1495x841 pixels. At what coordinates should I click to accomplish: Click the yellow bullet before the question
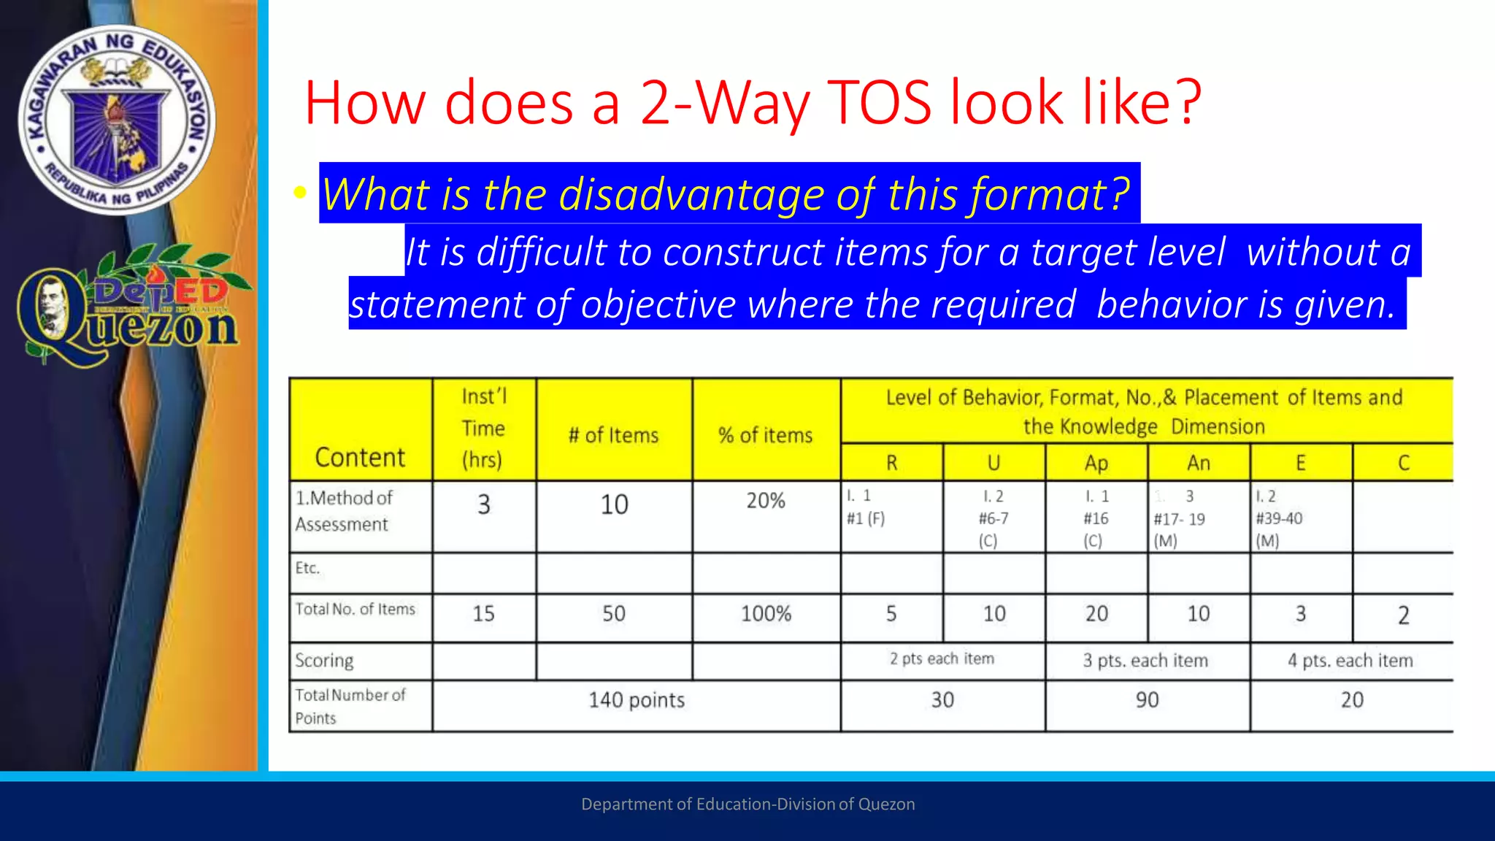pos(299,193)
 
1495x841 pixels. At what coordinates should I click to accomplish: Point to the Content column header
pos(360,458)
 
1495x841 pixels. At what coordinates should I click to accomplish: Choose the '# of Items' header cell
pos(613,435)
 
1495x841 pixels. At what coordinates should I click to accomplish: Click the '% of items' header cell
pos(765,435)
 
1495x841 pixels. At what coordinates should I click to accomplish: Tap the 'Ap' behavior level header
pos(1096,463)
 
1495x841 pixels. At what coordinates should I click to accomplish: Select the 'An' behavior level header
pos(1198,463)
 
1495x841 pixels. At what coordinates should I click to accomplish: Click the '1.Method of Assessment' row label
pos(343,511)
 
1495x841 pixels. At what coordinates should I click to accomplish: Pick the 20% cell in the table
pos(765,501)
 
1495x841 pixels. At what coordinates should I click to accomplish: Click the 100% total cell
pos(766,613)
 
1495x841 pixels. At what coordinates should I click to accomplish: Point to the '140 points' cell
pos(637,700)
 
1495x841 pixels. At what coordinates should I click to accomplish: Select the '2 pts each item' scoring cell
pos(942,658)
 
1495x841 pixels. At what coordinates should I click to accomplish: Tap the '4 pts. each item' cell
pos(1350,661)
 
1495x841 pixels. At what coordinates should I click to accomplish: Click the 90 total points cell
pos(1147,700)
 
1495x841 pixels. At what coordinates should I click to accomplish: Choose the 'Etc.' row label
pos(307,568)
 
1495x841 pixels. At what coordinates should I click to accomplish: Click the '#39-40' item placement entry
pos(1278,518)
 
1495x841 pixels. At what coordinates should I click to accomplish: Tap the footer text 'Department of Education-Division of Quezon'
pos(747,804)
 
